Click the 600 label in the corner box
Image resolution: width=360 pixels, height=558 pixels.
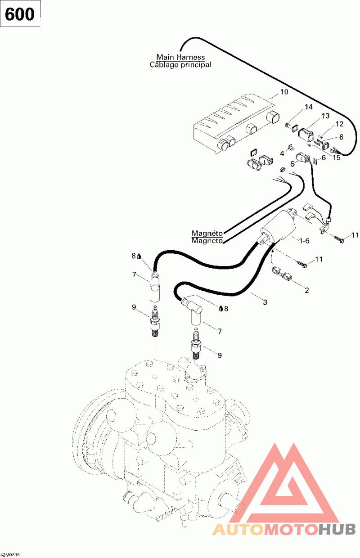click(20, 14)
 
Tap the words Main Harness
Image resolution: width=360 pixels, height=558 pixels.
click(180, 57)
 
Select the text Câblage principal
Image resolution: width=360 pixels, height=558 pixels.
click(180, 65)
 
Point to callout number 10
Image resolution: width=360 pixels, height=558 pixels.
click(284, 92)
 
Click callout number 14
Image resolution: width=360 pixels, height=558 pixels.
click(309, 107)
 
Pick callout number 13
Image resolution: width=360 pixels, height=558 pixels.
click(326, 116)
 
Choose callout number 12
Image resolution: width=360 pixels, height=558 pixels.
click(340, 124)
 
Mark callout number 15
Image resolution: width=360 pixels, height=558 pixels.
click(337, 157)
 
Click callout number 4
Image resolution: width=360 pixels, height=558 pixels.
click(282, 153)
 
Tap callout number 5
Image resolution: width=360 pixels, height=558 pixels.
click(293, 164)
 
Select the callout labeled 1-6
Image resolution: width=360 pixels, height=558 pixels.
click(304, 241)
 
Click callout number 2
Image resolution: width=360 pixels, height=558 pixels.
click(307, 290)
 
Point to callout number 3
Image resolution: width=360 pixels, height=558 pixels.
click(265, 302)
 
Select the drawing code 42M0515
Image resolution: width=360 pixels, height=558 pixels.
click(10, 554)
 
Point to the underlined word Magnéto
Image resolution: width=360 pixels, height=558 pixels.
click(207, 233)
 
